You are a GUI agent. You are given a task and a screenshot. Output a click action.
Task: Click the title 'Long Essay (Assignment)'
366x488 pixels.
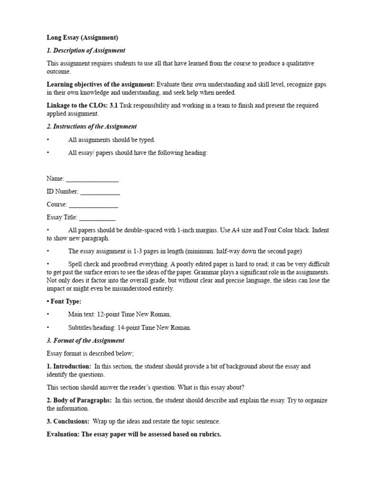82,37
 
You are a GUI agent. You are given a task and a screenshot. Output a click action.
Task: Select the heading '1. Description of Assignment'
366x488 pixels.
86,51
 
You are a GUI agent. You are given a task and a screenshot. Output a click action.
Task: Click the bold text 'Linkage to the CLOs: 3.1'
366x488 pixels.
82,105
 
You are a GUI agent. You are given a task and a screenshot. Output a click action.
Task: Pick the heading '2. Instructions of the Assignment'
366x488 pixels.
91,126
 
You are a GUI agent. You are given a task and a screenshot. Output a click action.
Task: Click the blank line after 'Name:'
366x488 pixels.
92,179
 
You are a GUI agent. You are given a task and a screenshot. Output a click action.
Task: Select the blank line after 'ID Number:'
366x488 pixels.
100,192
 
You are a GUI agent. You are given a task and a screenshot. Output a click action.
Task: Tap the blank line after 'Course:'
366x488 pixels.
93,205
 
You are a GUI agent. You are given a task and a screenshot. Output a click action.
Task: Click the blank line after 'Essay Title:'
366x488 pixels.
97,218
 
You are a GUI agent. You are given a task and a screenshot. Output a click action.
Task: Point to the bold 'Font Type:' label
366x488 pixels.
66,302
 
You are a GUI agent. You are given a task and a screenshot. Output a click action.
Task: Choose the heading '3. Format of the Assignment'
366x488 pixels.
85,341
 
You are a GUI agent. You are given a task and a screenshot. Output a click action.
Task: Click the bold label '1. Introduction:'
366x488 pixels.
69,366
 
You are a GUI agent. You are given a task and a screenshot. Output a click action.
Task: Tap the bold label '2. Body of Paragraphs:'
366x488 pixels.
79,400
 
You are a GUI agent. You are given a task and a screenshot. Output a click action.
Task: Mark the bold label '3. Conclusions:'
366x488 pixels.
68,422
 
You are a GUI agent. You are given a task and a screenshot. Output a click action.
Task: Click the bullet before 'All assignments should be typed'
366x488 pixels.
48,140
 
